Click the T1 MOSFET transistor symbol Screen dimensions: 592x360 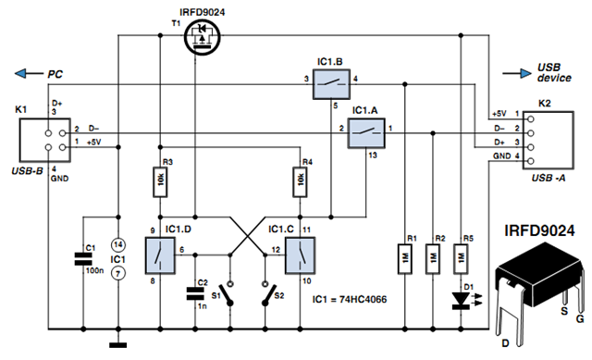click(x=203, y=37)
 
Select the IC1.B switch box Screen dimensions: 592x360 click(x=331, y=84)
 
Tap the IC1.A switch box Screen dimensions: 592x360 click(x=366, y=132)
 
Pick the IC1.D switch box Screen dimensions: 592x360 click(x=160, y=255)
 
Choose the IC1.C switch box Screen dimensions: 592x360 click(x=300, y=255)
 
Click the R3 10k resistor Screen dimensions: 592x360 click(x=160, y=181)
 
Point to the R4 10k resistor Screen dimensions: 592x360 click(x=300, y=181)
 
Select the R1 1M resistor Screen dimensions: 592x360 click(x=405, y=259)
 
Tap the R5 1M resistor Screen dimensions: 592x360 click(x=461, y=259)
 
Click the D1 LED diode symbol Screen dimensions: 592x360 click(x=462, y=301)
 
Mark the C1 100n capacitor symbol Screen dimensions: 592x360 click(x=83, y=259)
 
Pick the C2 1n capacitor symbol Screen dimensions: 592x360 click(x=195, y=293)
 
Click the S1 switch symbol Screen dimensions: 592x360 click(x=229, y=293)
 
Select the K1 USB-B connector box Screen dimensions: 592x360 click(x=45, y=140)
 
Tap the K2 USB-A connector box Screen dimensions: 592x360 click(x=548, y=140)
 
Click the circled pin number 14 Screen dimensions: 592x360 click(x=118, y=245)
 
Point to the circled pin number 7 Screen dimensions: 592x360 click(x=118, y=273)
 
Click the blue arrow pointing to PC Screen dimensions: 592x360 click(x=29, y=73)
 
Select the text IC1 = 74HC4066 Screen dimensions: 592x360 click(x=350, y=300)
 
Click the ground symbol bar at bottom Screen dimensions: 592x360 click(x=118, y=345)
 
